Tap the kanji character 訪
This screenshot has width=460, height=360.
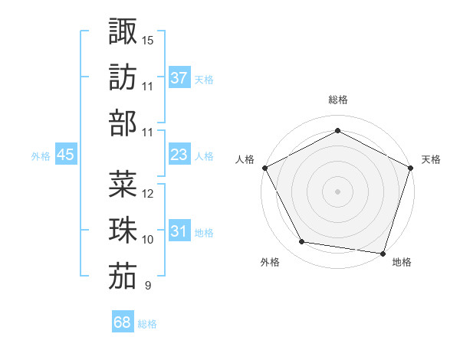tap(123, 77)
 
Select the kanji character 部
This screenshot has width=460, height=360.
tap(123, 123)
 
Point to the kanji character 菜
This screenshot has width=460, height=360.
tap(123, 184)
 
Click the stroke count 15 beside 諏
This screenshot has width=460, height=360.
tap(148, 39)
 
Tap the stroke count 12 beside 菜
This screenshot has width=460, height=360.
tap(148, 193)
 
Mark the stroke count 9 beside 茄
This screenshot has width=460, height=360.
tap(147, 286)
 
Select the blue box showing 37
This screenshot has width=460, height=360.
tap(179, 77)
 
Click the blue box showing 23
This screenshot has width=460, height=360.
tap(179, 155)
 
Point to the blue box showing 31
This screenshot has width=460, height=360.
tap(179, 231)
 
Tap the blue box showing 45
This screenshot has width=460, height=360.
tap(65, 155)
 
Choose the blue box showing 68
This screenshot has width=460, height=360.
tap(123, 322)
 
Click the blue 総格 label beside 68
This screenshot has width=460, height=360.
tap(147, 324)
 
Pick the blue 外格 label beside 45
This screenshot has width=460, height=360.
tap(41, 156)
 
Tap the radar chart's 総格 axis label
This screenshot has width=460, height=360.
tap(337, 100)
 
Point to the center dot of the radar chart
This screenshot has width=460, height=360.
tap(337, 191)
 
